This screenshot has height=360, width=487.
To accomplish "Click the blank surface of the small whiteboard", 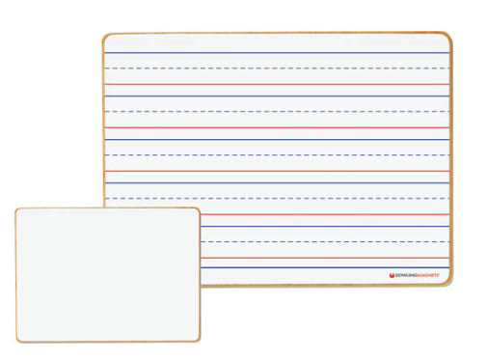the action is tap(107, 275).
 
